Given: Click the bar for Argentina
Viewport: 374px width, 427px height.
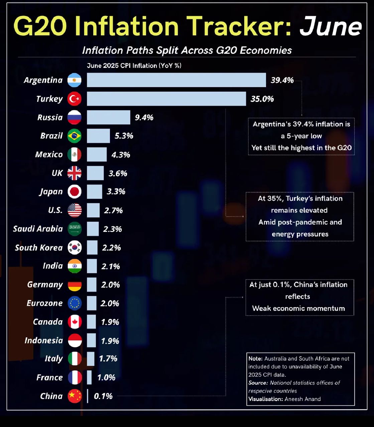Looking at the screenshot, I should [176, 80].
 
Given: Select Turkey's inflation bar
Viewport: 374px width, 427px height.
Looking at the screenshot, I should [166, 99].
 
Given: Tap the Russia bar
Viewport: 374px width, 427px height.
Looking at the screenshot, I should [108, 117].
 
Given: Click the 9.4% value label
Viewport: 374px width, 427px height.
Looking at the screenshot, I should [144, 117].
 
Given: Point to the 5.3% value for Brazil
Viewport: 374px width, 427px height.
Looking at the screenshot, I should [124, 136].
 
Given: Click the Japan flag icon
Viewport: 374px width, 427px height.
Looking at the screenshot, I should [75, 192].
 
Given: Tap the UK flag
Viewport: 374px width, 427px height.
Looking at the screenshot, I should [75, 173].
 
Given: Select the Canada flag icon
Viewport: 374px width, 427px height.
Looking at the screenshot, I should [75, 322].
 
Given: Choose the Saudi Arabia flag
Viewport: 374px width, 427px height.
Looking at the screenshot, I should [75, 229].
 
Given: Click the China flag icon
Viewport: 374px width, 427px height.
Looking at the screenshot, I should [75, 396].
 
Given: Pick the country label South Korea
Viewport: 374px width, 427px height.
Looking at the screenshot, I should [39, 248].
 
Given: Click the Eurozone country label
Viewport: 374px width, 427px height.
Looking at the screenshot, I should [45, 303].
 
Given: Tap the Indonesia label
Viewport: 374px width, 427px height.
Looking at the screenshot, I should [44, 341].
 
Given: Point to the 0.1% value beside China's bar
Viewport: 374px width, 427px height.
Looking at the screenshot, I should [103, 396].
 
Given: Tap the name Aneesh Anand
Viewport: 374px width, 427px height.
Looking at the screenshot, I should [302, 399].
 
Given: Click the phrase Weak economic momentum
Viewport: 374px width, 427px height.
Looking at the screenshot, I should [298, 308].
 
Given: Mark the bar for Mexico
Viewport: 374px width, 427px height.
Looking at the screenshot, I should [97, 154].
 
